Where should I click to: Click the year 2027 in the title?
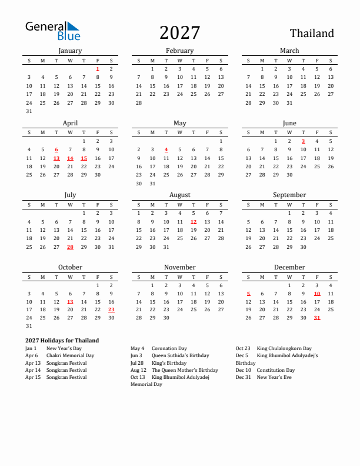179,32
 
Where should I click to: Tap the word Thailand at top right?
312,34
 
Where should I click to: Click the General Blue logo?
52,31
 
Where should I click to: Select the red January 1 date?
98,69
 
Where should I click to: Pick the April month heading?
70,123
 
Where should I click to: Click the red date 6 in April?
56,150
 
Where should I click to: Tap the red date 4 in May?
166,150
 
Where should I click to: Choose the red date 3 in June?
303,141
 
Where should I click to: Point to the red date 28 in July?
70,247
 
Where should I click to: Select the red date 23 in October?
111,309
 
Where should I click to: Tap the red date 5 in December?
248,294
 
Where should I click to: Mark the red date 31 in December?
317,318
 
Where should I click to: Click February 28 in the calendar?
139,102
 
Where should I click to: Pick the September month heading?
289,195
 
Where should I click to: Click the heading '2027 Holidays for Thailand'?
62,341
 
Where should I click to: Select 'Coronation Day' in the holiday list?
169,348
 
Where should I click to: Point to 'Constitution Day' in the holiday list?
276,370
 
